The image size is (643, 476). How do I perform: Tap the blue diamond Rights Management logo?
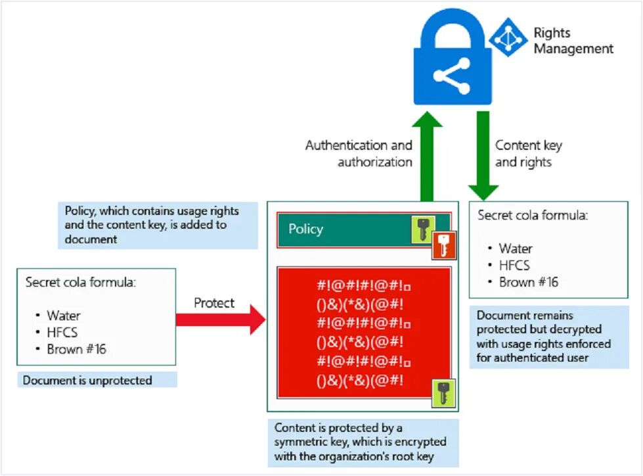pyautogui.click(x=508, y=37)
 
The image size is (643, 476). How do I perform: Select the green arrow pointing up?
pyautogui.click(x=427, y=156)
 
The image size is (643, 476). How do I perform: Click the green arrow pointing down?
pyautogui.click(x=483, y=156)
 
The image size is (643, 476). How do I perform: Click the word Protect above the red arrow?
pyautogui.click(x=214, y=303)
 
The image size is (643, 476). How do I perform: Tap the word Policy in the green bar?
pyautogui.click(x=305, y=229)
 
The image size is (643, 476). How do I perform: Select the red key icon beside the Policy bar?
pyautogui.click(x=444, y=245)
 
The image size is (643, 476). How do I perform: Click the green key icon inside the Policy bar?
pyautogui.click(x=423, y=229)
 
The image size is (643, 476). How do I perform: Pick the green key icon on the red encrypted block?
pyautogui.click(x=443, y=394)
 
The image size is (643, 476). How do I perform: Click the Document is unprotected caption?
pyautogui.click(x=87, y=381)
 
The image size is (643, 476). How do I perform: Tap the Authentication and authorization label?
pyautogui.click(x=359, y=153)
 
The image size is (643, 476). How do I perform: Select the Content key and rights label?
pyautogui.click(x=529, y=153)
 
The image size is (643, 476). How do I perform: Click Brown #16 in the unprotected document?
pyautogui.click(x=76, y=349)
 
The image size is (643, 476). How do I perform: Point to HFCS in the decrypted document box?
pyautogui.click(x=514, y=266)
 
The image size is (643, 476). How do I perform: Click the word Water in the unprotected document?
pyautogui.click(x=64, y=316)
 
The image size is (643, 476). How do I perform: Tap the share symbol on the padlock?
pyautogui.click(x=451, y=76)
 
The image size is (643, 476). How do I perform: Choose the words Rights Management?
pyautogui.click(x=573, y=40)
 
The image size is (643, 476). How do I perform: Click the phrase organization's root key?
pyautogui.click(x=372, y=456)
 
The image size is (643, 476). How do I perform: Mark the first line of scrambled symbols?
pyautogui.click(x=364, y=285)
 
